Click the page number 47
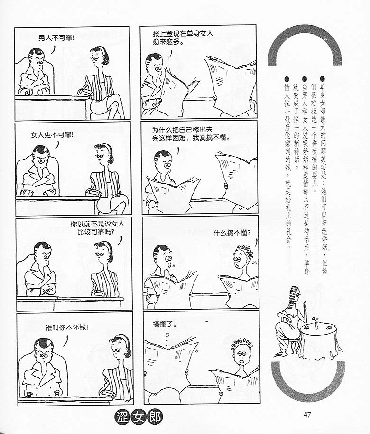pos(307,415)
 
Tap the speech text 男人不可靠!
pos(56,38)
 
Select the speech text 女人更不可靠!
pos(52,135)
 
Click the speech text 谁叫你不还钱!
pos(67,328)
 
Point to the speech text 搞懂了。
pos(165,324)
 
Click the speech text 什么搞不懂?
pos(232,233)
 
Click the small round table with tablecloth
pos(319,341)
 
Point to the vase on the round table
pos(315,323)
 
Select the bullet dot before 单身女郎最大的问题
pos(323,79)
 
